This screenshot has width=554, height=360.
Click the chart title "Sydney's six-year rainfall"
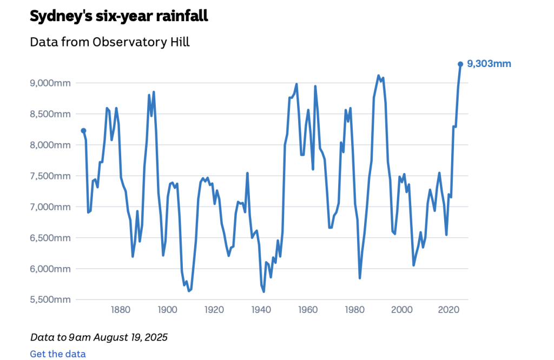(118, 16)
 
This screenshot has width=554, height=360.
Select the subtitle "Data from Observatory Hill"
(110, 42)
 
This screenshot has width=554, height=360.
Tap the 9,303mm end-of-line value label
(489, 64)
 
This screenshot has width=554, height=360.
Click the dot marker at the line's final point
(460, 64)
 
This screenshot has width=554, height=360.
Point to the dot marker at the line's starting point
(83, 130)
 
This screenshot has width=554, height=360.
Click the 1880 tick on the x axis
(121, 310)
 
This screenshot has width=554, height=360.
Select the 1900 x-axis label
(168, 310)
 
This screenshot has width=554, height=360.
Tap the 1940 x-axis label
(261, 310)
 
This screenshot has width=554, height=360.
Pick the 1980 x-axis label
(355, 310)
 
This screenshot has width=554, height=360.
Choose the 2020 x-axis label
(449, 310)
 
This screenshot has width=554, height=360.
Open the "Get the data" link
(58, 354)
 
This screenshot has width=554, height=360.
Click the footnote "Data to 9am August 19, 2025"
(99, 337)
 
